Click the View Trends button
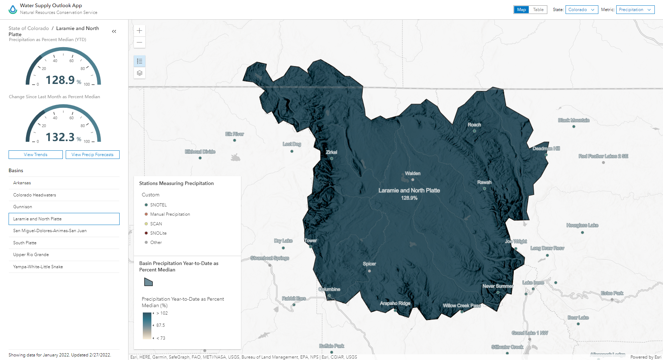pyautogui.click(x=36, y=155)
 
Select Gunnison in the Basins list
pyautogui.click(x=23, y=207)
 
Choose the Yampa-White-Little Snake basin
pyautogui.click(x=38, y=267)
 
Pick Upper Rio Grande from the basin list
pyautogui.click(x=31, y=255)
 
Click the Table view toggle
pyautogui.click(x=538, y=10)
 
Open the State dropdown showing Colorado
pyautogui.click(x=582, y=10)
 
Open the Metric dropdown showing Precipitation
pyautogui.click(x=640, y=10)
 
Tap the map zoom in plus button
pyautogui.click(x=140, y=31)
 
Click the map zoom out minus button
pyautogui.click(x=140, y=42)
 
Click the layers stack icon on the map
pyautogui.click(x=140, y=73)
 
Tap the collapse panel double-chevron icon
pyautogui.click(x=114, y=31)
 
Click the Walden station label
pyautogui.click(x=413, y=174)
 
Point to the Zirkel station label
pyautogui.click(x=331, y=152)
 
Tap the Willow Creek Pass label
pyautogui.click(x=462, y=306)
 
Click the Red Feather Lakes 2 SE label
pyautogui.click(x=603, y=156)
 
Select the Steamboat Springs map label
pyautogui.click(x=270, y=258)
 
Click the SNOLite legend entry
pyautogui.click(x=158, y=233)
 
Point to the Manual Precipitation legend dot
pyautogui.click(x=146, y=214)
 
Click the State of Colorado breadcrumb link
pyautogui.click(x=29, y=28)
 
